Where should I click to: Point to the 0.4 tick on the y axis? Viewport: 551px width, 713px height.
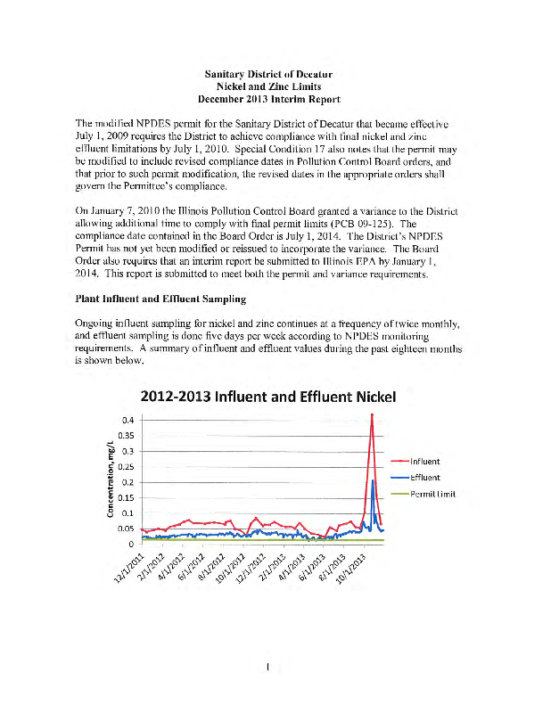[128, 420]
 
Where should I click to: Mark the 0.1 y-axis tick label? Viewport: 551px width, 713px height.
[128, 513]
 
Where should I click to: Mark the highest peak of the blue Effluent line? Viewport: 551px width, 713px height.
[372, 481]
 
